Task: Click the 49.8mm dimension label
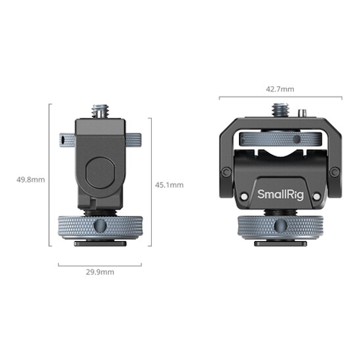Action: pos(30,179)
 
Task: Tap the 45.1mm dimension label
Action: pos(169,185)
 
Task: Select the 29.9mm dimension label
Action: pos(100,272)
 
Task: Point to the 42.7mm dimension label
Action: pos(280,89)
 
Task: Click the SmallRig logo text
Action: pos(281,194)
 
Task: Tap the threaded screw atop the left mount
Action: pos(100,111)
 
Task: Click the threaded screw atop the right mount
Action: pos(280,110)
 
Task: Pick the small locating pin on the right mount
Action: pos(302,113)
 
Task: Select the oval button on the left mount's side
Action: pos(100,173)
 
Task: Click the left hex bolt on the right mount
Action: pos(226,172)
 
